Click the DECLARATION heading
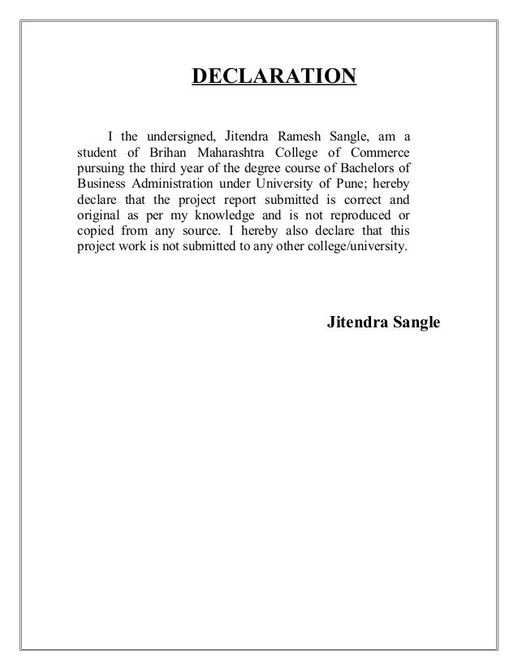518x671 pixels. tap(273, 77)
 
